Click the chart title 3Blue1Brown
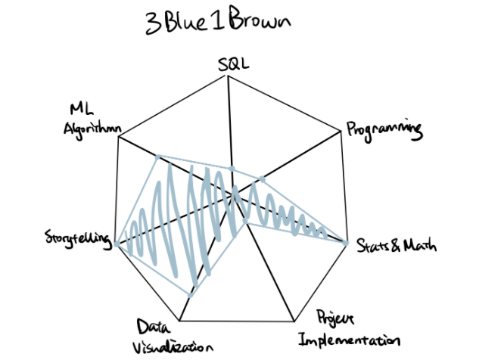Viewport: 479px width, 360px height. point(218,21)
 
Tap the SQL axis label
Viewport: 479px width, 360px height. point(233,64)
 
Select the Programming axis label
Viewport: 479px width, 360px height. point(384,131)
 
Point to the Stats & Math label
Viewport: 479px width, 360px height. point(397,246)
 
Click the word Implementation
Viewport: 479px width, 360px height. point(350,340)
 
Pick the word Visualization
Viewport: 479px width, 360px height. point(173,347)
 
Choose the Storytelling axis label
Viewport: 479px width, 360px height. point(78,240)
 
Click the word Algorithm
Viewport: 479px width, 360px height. point(92,130)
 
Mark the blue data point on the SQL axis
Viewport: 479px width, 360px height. point(232,169)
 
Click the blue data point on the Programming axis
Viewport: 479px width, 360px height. point(262,179)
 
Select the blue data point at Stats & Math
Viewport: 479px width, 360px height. point(346,244)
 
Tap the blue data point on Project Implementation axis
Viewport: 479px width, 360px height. point(245,220)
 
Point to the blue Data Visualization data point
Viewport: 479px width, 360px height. point(191,295)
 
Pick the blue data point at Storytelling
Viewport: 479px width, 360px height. point(117,244)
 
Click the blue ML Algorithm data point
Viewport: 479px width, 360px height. point(157,157)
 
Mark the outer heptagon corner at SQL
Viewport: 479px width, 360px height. point(227,76)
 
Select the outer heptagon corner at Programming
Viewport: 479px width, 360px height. point(341,132)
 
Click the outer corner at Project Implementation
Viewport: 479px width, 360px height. point(294,321)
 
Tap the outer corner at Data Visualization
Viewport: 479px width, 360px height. point(180,321)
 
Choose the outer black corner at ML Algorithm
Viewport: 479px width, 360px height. point(119,136)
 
